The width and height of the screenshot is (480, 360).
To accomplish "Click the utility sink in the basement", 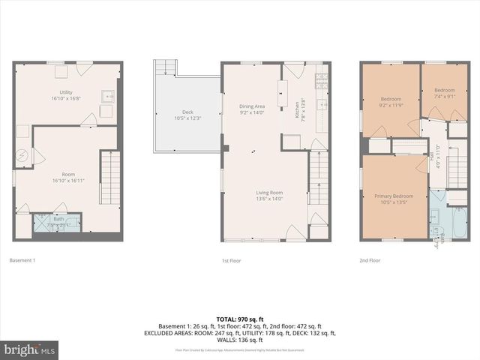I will [x=109, y=97].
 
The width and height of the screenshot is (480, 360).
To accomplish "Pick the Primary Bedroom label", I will [x=393, y=196].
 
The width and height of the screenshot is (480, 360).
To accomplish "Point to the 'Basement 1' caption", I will [x=22, y=260].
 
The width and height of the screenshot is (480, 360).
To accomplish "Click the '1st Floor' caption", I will [x=230, y=260].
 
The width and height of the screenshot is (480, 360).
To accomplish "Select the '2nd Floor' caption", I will [x=370, y=260].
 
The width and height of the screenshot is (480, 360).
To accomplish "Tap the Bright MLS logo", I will [x=30, y=350].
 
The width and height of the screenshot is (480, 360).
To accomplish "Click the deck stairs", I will [x=163, y=69].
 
